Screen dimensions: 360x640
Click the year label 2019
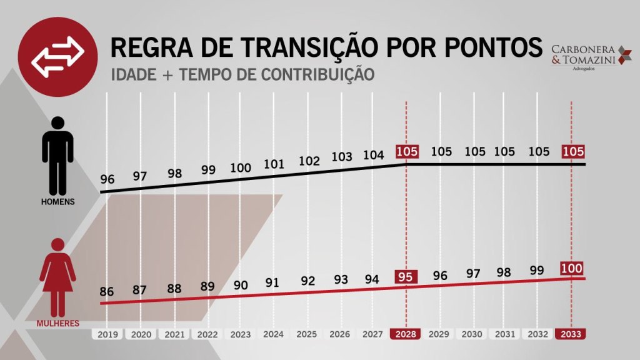pos(108,334)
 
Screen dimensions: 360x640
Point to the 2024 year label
pos(273,334)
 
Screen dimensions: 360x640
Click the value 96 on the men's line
pos(107,180)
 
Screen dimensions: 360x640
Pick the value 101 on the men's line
pos(273,165)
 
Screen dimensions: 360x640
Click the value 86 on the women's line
pos(107,291)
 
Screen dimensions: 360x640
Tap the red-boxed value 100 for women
pos(571,269)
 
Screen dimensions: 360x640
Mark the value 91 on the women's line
pos(273,282)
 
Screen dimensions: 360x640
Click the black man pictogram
pos(57,155)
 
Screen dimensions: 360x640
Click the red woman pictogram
pos(57,276)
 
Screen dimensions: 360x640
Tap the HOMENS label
pos(57,202)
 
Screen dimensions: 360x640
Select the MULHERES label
pos(57,324)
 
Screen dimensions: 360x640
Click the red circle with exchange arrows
pos(57,56)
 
